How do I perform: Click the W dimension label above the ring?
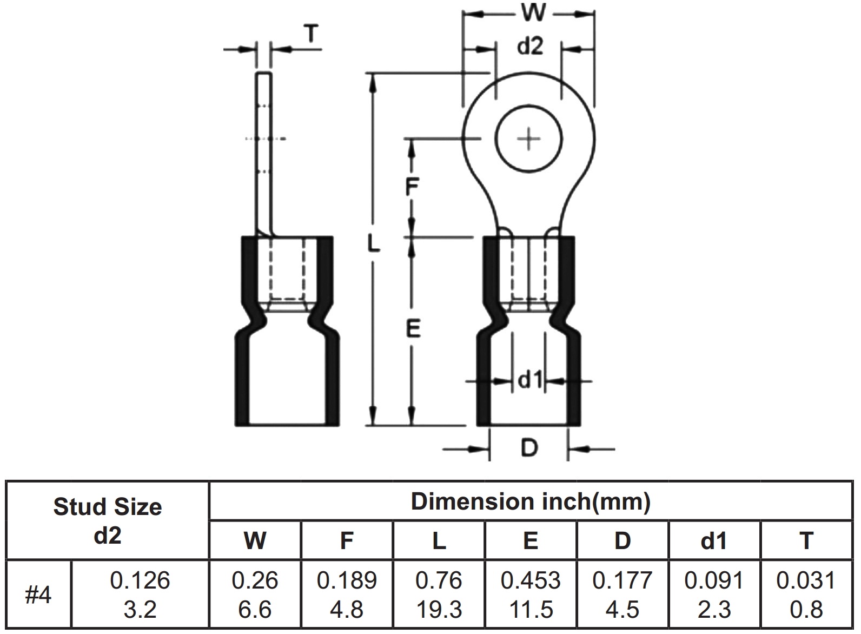point(533,13)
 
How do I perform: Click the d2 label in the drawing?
point(529,47)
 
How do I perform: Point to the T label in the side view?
point(311,35)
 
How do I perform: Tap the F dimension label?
point(412,187)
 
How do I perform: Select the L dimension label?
point(374,245)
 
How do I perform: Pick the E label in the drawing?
point(413,328)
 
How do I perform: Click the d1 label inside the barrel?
point(529,381)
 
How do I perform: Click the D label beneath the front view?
point(529,448)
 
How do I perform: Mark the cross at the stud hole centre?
point(529,140)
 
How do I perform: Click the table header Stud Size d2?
point(108,520)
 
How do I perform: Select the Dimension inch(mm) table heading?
point(530,501)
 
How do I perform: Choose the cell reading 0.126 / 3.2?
point(140,595)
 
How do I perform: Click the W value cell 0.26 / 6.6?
point(255,595)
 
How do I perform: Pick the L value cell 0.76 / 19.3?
point(439,595)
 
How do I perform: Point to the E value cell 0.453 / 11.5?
point(531,595)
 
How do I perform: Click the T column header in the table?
point(806,540)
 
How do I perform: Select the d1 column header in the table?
point(714,540)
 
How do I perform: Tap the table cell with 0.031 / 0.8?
point(806,595)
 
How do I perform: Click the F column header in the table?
point(347,540)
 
